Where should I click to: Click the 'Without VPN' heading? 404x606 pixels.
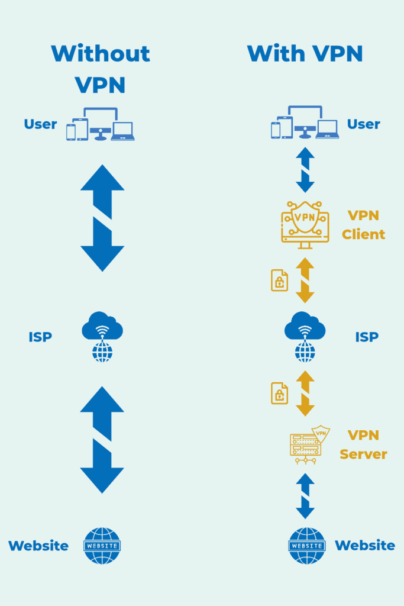pyautogui.click(x=101, y=69)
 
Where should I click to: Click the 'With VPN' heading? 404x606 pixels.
pyautogui.click(x=305, y=53)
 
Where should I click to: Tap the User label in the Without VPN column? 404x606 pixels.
pyautogui.click(x=40, y=124)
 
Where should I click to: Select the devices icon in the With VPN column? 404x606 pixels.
pyautogui.click(x=305, y=123)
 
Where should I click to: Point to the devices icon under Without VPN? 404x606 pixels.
pyautogui.click(x=100, y=124)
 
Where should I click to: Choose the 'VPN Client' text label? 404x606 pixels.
pyautogui.click(x=363, y=225)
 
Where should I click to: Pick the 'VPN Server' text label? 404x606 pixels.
pyautogui.click(x=363, y=445)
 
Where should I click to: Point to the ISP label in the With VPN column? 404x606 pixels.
pyautogui.click(x=367, y=337)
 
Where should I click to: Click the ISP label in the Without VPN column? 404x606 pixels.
pyautogui.click(x=40, y=337)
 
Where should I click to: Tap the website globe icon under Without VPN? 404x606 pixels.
pyautogui.click(x=102, y=546)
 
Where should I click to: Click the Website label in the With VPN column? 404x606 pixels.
pyautogui.click(x=365, y=546)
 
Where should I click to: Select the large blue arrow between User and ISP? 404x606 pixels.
pyautogui.click(x=102, y=218)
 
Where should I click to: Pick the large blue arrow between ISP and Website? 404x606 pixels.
pyautogui.click(x=102, y=440)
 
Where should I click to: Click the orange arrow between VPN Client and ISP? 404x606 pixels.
pyautogui.click(x=305, y=281)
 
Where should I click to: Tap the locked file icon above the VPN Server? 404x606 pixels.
pyautogui.click(x=279, y=393)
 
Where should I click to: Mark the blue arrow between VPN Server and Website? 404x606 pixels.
pyautogui.click(x=305, y=496)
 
